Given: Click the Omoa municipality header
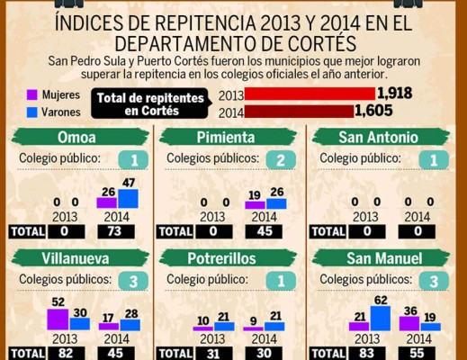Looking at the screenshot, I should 78,137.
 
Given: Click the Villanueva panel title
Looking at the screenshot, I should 78,259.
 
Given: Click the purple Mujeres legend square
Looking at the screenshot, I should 31,94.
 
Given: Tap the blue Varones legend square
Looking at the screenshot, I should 31,112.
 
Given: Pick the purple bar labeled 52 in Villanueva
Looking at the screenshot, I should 58,319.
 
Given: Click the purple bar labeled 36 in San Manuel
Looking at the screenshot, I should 409,322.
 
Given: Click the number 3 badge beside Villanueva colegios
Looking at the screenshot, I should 132,281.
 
